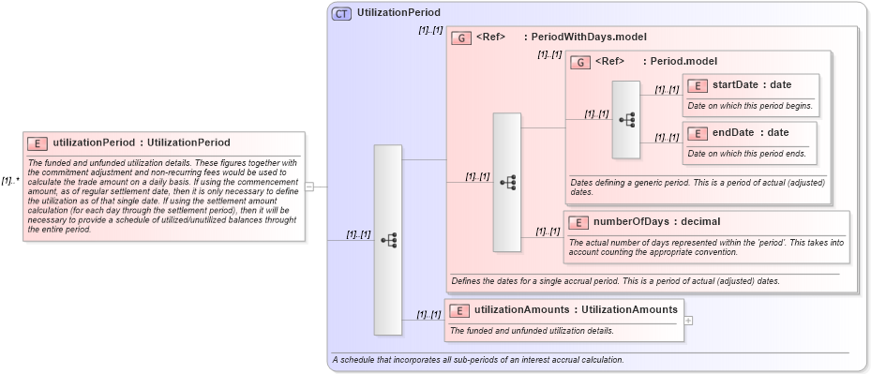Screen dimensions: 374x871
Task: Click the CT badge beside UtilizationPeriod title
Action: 342,14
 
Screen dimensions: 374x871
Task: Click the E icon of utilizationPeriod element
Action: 38,143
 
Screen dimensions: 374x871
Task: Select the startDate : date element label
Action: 752,85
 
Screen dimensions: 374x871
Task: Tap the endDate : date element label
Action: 751,133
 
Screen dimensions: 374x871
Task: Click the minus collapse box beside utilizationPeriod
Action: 309,187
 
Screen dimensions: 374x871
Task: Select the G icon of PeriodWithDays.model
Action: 461,38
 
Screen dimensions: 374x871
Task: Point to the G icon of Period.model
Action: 580,62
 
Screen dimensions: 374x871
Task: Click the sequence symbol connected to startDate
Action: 626,119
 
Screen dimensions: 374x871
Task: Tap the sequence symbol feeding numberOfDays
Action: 507,182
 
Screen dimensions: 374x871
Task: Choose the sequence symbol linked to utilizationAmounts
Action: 388,240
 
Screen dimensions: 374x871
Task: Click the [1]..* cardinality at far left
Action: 10,181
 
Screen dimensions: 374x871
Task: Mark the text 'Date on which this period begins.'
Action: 749,106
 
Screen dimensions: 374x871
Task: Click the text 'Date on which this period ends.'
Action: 746,154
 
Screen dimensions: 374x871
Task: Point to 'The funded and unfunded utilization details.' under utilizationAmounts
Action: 532,331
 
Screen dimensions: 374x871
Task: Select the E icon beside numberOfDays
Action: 579,222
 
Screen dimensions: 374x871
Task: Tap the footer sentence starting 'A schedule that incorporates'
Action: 477,360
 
